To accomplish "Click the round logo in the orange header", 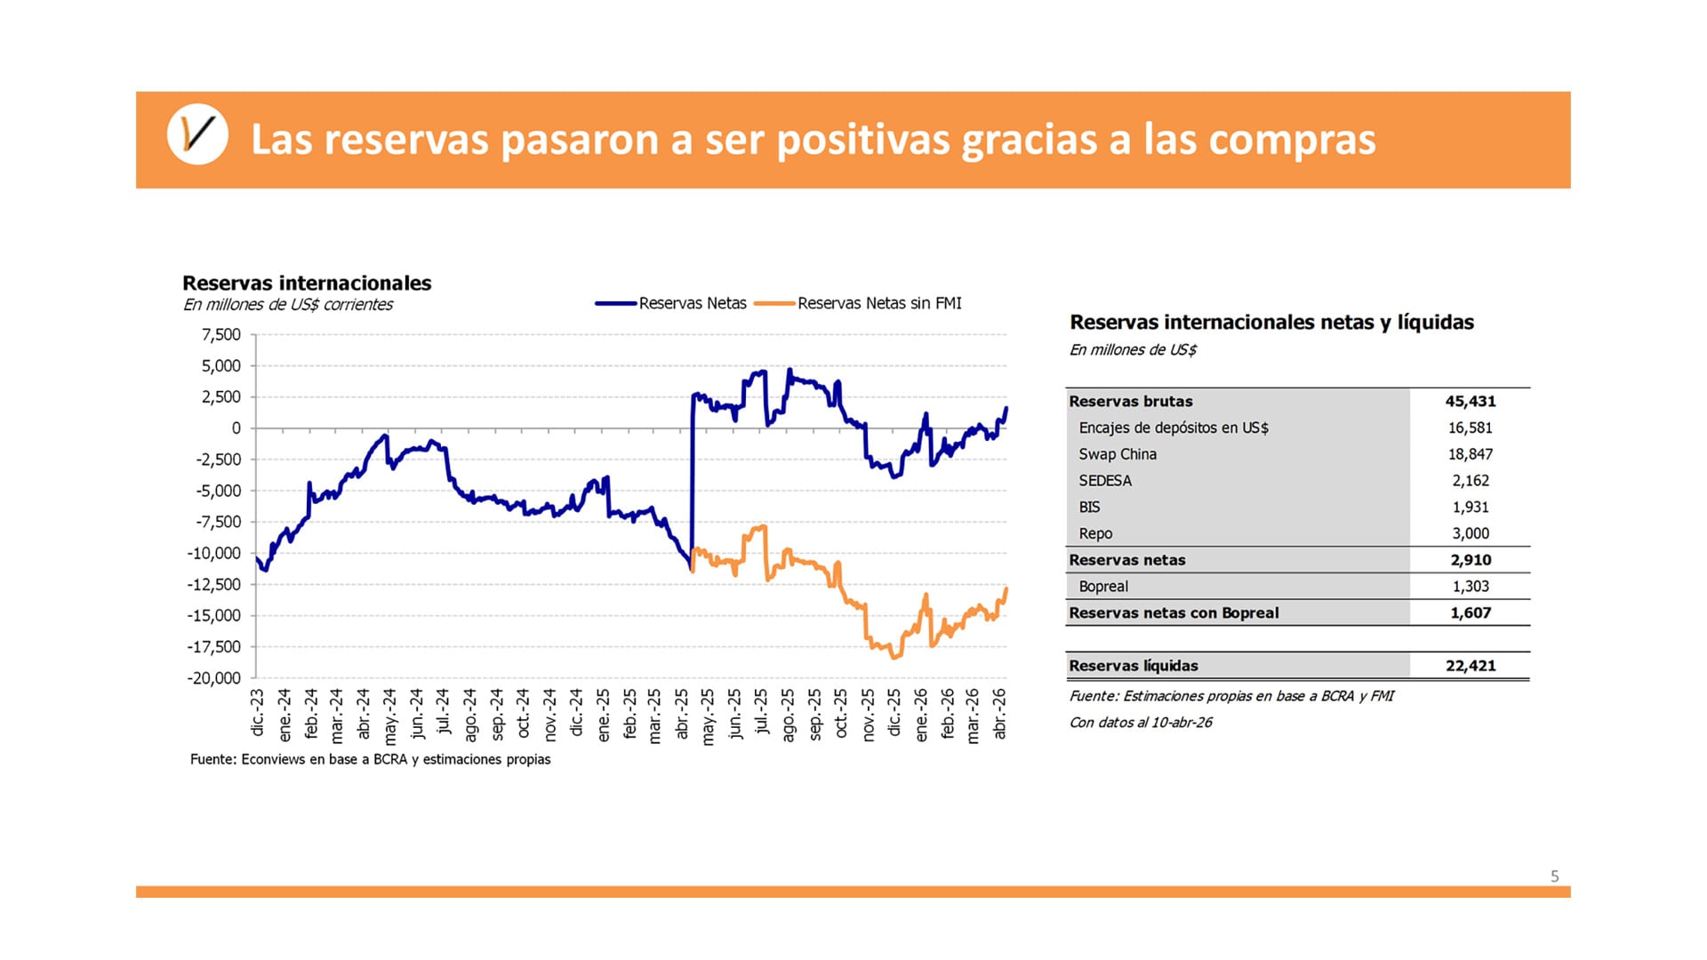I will click(197, 135).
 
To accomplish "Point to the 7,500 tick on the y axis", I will click(221, 335).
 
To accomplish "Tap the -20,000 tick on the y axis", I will click(214, 678).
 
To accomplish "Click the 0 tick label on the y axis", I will click(236, 428).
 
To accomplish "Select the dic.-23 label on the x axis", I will click(258, 712).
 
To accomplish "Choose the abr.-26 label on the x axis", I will click(999, 713).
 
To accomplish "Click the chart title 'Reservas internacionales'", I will click(307, 283).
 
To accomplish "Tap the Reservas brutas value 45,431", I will click(1470, 402).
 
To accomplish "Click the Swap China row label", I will click(1118, 454).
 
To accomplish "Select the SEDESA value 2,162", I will click(1470, 481).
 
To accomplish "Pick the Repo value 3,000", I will click(1470, 534).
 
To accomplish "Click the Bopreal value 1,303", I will click(1470, 587).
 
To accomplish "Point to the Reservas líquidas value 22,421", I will click(1470, 666).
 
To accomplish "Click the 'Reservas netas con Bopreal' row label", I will click(1174, 613).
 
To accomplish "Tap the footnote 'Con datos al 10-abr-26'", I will click(1141, 723).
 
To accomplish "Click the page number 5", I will click(1554, 876).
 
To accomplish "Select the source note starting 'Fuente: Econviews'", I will click(370, 759).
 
